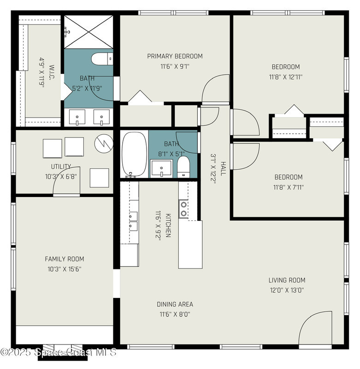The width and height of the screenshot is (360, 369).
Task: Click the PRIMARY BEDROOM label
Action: click(175, 56)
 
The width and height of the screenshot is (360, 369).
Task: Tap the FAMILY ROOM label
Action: click(65, 259)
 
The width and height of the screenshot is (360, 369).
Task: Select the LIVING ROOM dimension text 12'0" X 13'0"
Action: click(287, 290)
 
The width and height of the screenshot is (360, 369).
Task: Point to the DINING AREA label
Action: click(175, 304)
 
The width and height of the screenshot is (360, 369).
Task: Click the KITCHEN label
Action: click(168, 226)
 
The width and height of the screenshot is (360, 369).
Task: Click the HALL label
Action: click(223, 169)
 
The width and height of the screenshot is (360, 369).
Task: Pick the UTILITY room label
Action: click(61, 167)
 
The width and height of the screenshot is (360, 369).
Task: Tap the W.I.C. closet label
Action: click(52, 72)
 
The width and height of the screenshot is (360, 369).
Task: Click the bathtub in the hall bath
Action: click(134, 154)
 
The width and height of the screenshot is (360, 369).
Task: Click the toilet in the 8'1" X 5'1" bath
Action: click(183, 167)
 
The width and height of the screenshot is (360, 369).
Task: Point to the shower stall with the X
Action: click(89, 32)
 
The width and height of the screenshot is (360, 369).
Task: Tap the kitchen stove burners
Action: click(183, 209)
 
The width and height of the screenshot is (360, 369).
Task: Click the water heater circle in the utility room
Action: click(104, 143)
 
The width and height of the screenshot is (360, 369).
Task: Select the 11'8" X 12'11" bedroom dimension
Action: click(286, 77)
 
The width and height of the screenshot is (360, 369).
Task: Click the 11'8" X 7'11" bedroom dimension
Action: click(289, 187)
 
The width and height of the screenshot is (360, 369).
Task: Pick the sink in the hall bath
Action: click(161, 168)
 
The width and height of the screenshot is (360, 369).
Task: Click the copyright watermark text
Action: click(59, 352)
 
